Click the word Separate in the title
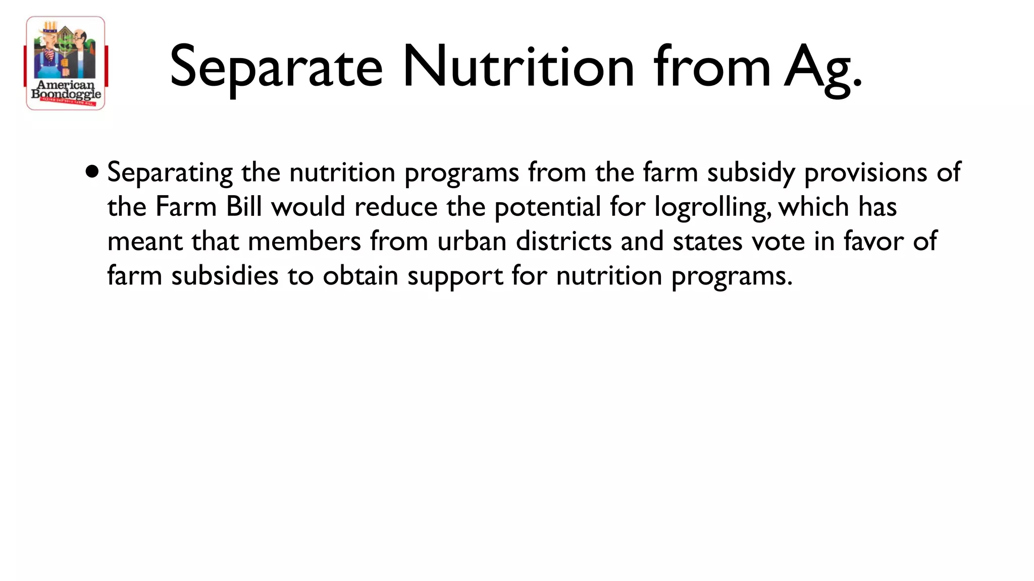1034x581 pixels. [276, 67]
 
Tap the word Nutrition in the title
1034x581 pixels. [518, 67]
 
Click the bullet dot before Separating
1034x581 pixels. [92, 172]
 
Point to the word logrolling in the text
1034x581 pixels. [712, 207]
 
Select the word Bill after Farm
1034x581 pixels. [244, 207]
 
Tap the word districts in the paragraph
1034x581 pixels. [563, 241]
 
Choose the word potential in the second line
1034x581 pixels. [547, 207]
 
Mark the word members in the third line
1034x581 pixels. [304, 241]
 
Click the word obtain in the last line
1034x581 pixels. [360, 276]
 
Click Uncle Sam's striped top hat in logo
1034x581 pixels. [49, 29]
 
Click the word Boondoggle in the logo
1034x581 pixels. [66, 94]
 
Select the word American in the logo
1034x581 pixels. [66, 85]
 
